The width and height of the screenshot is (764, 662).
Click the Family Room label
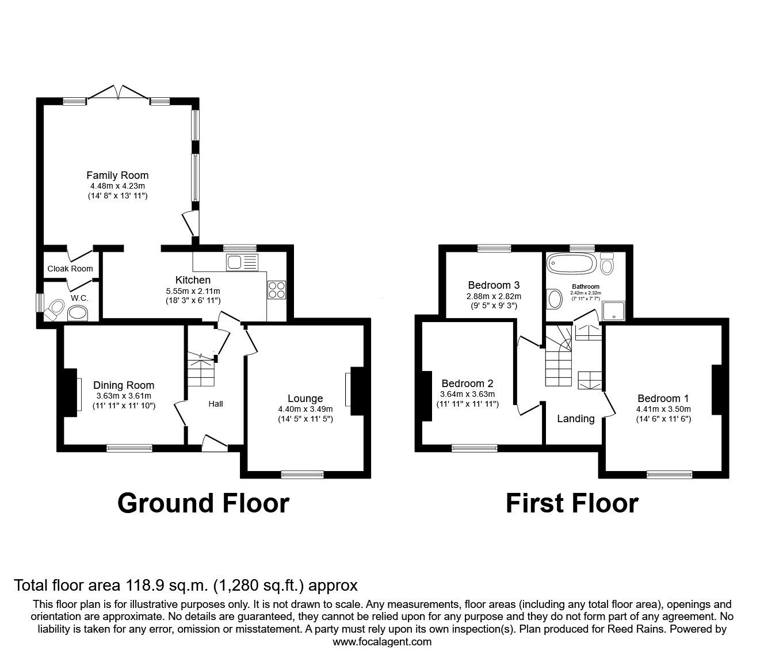(117, 175)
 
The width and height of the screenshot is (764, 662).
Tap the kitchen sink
(242, 263)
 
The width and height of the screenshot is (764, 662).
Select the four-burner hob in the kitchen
(277, 289)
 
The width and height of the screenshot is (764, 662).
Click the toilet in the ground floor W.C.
(54, 309)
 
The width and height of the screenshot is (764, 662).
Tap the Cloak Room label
(70, 269)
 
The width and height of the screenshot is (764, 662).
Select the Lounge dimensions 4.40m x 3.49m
(305, 409)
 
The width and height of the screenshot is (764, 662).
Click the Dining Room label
(124, 385)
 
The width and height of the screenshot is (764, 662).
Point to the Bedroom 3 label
(494, 285)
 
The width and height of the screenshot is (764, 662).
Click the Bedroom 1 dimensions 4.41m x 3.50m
(663, 409)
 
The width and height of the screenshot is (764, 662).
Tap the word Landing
(575, 419)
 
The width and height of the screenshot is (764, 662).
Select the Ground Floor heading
(203, 503)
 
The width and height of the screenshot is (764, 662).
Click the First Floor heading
(572, 503)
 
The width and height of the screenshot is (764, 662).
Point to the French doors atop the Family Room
(119, 93)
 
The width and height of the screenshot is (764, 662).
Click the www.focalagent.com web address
(382, 641)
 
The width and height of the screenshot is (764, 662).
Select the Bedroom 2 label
(467, 384)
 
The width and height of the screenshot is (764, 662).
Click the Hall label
(216, 404)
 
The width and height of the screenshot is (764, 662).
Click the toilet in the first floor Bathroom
(606, 265)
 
